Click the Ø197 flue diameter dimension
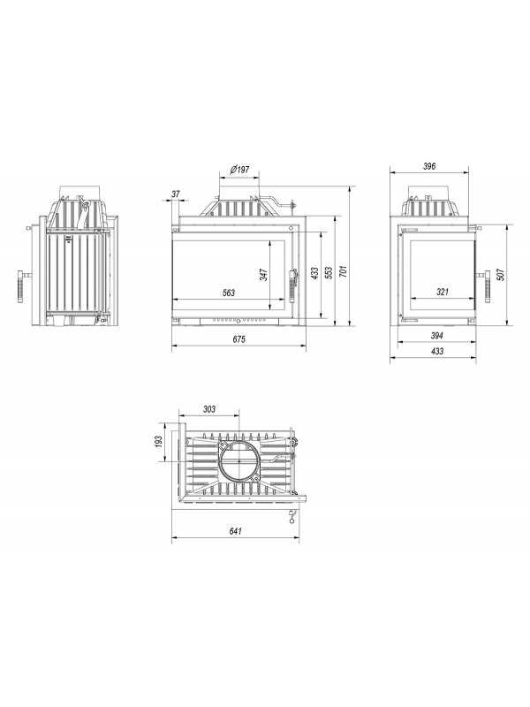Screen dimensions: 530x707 coord(239,170)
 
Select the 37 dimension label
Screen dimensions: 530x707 coord(176,194)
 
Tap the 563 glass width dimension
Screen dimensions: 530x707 coord(229,293)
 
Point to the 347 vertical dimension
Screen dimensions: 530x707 coord(263,275)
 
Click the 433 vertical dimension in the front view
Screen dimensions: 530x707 coord(314,273)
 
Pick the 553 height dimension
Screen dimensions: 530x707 coord(329,272)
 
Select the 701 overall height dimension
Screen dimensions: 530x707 coord(344,271)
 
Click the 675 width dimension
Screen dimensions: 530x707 coord(238,339)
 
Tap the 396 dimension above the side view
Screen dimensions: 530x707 coord(429,166)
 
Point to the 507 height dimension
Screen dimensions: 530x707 coord(500,274)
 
